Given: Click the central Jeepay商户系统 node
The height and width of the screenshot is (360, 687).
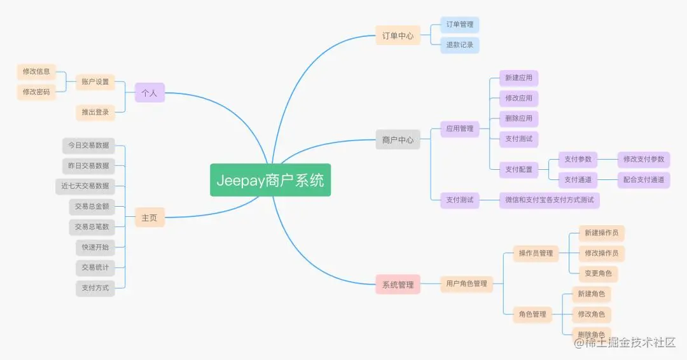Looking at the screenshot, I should pos(270,180).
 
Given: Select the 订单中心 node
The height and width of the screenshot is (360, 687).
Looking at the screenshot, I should pos(398,36).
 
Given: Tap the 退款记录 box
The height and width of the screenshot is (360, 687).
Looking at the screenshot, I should pos(459,45).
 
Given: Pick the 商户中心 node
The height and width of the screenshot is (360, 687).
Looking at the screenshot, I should pos(398,140).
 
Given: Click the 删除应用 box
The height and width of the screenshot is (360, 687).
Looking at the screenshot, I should pos(518,119).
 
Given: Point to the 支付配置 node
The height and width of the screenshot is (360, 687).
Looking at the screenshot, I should pos(518,169).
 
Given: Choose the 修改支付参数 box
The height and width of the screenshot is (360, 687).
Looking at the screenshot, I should pos(643,159).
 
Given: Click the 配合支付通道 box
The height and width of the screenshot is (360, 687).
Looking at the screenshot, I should pos(643,179).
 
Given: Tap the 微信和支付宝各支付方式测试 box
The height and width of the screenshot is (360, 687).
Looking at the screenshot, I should pos(549,200).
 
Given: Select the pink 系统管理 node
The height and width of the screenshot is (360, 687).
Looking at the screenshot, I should pos(398,284).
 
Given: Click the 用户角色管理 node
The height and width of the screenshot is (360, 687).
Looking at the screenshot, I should pos(466,284).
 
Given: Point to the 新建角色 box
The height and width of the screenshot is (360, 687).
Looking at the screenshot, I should pos(591,294).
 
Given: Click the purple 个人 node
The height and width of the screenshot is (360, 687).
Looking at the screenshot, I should pos(149,93).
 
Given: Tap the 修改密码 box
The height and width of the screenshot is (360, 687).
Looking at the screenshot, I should pos(36,92).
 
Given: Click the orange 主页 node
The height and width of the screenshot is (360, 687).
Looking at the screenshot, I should pos(149,218).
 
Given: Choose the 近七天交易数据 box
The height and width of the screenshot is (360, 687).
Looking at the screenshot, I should pos(85,186).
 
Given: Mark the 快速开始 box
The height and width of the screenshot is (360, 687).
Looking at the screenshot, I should pos(95,247).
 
